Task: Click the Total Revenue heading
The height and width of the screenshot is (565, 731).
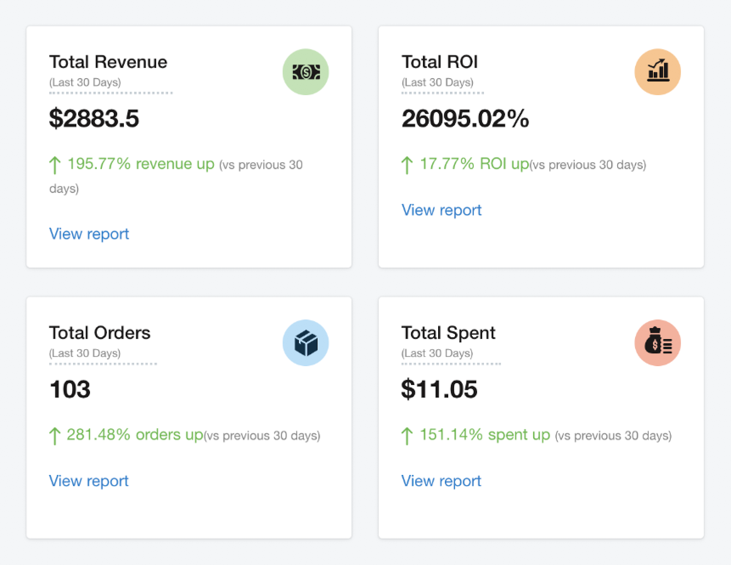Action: point(108,62)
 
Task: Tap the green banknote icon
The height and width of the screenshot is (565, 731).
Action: point(306,72)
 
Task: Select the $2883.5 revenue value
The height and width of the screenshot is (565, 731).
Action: point(94,118)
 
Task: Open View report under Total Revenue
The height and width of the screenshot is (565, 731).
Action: point(89,234)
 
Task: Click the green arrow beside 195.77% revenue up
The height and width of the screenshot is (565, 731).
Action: point(55,165)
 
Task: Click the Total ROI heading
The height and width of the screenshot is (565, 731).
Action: point(440,62)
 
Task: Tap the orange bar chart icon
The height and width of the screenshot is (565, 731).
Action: point(657,72)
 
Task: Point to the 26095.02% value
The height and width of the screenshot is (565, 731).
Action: point(465,118)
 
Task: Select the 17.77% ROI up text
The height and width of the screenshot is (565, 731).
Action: point(474,164)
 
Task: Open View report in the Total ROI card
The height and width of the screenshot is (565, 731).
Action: point(441,210)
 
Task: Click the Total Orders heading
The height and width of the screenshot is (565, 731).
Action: point(100,333)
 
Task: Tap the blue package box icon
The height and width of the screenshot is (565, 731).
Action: point(306,342)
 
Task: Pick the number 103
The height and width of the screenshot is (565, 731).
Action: point(70,389)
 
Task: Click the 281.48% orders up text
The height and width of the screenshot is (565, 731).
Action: point(135,435)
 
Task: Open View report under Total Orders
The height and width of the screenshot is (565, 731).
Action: point(89,481)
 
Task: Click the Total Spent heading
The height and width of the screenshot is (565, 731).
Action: point(448,333)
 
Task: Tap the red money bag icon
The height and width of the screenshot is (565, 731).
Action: point(657,342)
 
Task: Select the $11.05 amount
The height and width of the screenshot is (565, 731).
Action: point(439,389)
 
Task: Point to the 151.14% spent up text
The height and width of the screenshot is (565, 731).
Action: point(485,435)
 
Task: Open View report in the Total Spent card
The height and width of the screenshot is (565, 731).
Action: point(441,481)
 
